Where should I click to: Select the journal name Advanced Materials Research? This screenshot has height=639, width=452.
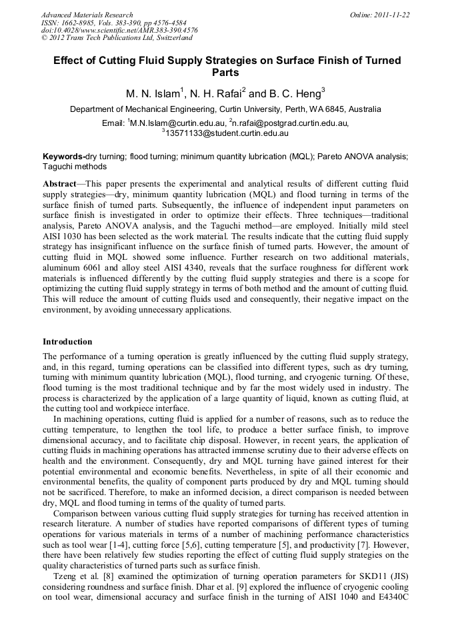point(87,15)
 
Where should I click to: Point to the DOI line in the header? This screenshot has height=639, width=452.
point(119,31)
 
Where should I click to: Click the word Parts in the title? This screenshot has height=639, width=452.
point(226,73)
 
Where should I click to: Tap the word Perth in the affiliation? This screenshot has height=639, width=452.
point(303,109)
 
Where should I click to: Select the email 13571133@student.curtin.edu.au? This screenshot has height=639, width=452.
point(227,133)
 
